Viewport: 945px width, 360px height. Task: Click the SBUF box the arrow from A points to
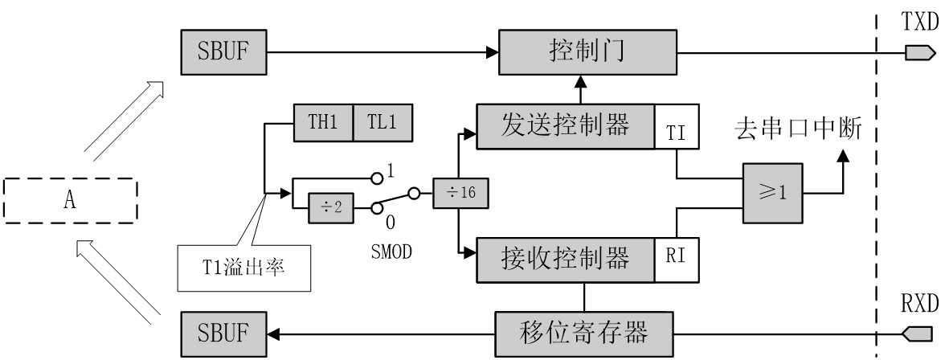click(x=223, y=52)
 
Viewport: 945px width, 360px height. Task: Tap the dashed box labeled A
click(x=70, y=200)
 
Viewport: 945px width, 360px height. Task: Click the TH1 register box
click(x=323, y=123)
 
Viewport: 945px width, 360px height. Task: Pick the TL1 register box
click(x=382, y=123)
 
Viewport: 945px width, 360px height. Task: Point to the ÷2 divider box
click(x=331, y=207)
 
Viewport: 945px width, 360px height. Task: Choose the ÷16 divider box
click(x=460, y=194)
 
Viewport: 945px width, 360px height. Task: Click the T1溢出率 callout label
click(x=243, y=268)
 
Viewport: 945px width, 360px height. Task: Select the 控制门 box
click(x=587, y=52)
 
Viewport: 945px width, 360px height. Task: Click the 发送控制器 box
click(x=565, y=125)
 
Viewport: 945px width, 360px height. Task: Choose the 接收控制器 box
click(x=565, y=259)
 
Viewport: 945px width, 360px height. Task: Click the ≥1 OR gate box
click(x=772, y=194)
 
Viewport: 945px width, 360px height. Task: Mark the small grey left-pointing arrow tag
click(x=918, y=332)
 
